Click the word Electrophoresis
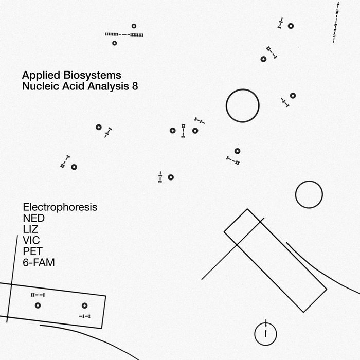[60, 207]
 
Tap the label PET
[32, 251]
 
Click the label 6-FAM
[39, 263]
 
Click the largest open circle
[242, 105]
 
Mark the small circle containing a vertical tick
[265, 334]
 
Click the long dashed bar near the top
[124, 34]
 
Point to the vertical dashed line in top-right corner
[335, 23]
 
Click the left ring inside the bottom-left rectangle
[38, 305]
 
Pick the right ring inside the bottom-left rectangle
[84, 305]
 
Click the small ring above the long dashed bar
[134, 26]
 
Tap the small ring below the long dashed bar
[114, 43]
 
